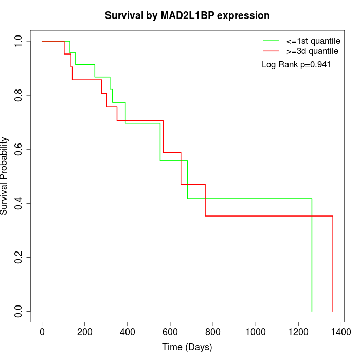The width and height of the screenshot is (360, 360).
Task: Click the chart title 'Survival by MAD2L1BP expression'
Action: (187, 16)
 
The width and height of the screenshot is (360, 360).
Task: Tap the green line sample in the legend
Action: (271, 41)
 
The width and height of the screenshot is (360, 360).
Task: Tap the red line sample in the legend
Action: (271, 51)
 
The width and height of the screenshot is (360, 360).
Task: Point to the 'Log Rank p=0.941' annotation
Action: (296, 65)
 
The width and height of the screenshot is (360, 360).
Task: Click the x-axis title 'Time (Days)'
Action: (187, 347)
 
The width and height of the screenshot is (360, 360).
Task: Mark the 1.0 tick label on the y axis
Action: (19, 41)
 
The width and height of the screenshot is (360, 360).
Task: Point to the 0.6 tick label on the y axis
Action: (19, 149)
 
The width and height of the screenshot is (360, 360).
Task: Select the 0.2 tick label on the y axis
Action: (19, 257)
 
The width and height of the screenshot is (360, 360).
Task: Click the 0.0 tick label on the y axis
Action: (19, 311)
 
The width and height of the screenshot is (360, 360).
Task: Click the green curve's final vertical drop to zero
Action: (312, 257)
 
